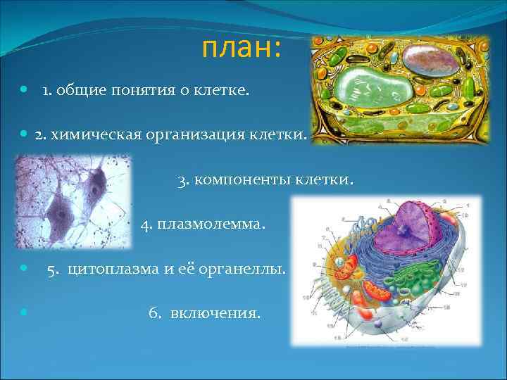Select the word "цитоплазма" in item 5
[108, 270]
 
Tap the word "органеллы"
[246, 270]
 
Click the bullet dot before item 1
[24, 90]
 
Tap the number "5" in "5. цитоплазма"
[51, 270]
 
